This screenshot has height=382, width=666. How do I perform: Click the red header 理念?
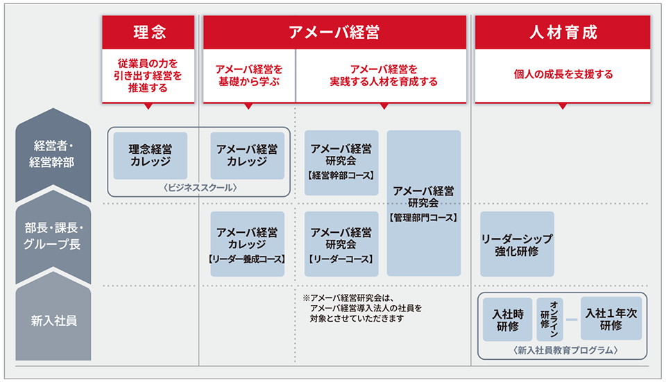(148, 33)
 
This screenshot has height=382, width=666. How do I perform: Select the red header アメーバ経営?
(334, 33)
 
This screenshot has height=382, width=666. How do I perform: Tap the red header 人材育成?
(563, 33)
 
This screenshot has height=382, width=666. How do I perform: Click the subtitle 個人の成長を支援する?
(563, 74)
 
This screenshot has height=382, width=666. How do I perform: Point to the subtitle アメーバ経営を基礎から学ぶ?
(249, 75)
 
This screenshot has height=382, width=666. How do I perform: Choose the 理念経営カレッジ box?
(151, 155)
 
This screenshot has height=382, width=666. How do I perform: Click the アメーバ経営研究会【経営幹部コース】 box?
(341, 162)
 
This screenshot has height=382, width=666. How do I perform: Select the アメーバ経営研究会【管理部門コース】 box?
(424, 203)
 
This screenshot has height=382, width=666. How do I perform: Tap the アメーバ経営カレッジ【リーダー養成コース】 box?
(247, 244)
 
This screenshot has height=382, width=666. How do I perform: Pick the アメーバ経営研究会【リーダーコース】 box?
(341, 244)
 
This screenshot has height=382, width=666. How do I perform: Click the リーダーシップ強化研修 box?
(518, 244)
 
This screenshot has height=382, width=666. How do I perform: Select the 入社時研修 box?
(508, 320)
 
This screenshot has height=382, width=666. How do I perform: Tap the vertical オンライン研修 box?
(549, 320)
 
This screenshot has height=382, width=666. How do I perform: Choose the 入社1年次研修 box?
(611, 319)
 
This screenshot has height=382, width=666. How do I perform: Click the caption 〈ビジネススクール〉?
(200, 188)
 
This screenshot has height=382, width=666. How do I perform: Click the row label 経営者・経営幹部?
(53, 154)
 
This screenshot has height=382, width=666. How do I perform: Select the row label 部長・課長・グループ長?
(53, 236)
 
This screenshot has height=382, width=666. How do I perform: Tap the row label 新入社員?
(53, 320)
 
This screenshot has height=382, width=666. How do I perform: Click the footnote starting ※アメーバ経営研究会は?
(362, 308)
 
